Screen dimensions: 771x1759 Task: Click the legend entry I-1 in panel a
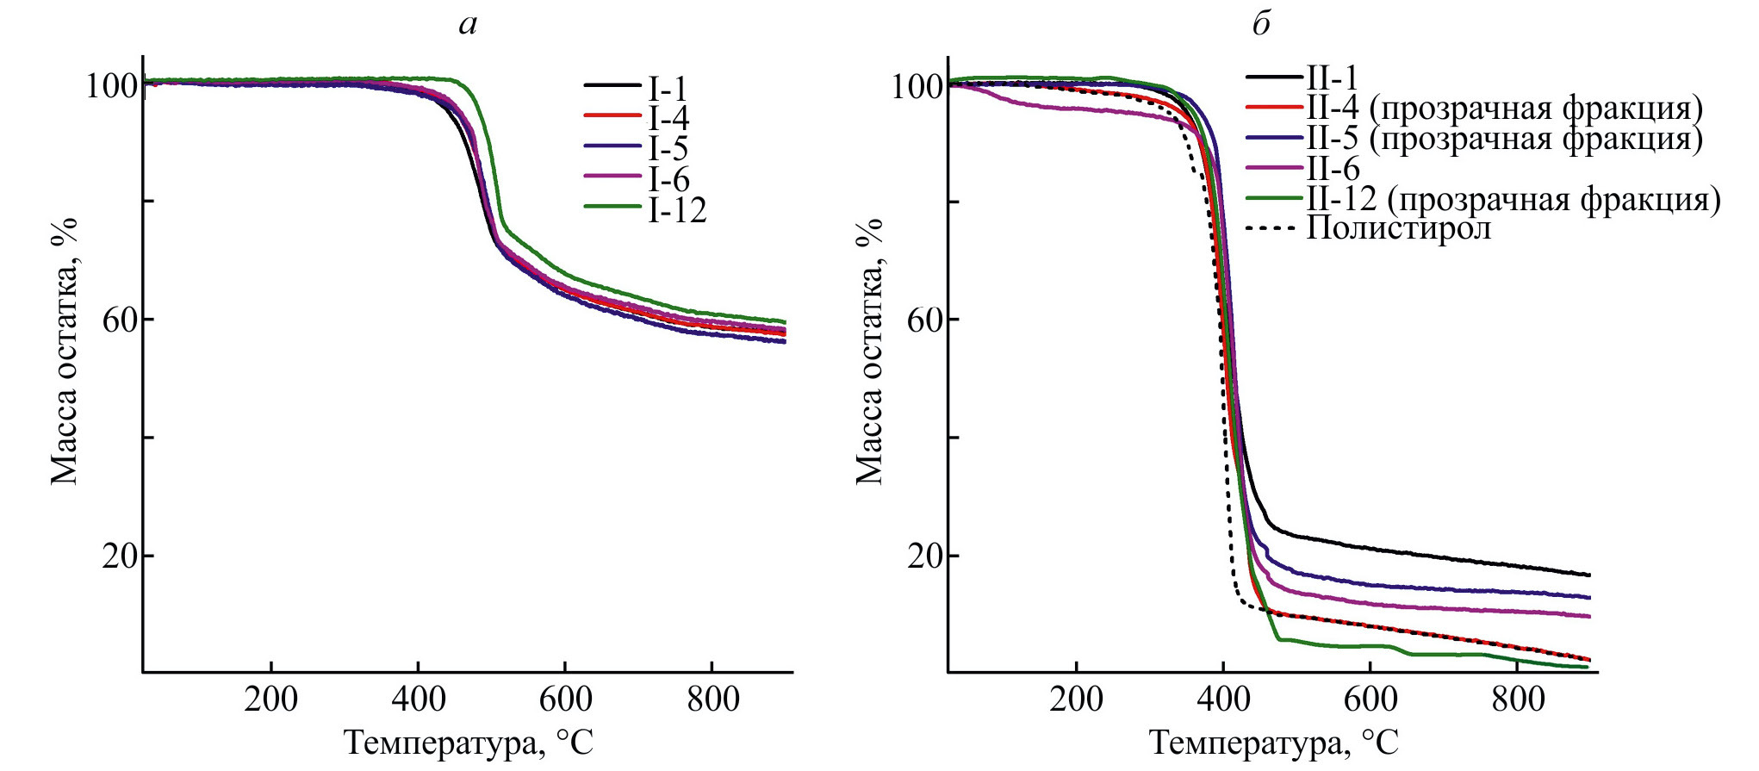[x=668, y=88]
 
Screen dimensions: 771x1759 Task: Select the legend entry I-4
[x=668, y=118]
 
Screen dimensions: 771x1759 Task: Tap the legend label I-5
[x=668, y=148]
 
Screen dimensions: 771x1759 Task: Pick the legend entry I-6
[x=668, y=178]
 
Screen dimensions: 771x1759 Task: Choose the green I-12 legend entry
[x=677, y=209]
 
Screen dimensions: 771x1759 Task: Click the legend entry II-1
[x=1332, y=78]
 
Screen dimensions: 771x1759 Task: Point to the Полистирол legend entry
[x=1398, y=228]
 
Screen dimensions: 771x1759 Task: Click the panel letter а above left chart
[x=468, y=23]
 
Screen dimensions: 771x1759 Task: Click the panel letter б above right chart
[x=1261, y=23]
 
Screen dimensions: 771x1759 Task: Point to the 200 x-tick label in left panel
[x=270, y=699]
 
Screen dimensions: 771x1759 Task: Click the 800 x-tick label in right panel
[x=1518, y=699]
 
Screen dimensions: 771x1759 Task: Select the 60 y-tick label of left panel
[x=120, y=320]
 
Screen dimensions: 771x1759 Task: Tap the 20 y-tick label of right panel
[x=924, y=556]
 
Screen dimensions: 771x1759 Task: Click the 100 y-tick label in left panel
[x=111, y=86]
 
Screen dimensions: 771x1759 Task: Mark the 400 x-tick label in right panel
[x=1223, y=699]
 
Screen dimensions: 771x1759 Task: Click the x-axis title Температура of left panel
[x=469, y=742]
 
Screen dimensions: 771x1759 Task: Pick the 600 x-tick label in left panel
[x=565, y=699]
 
